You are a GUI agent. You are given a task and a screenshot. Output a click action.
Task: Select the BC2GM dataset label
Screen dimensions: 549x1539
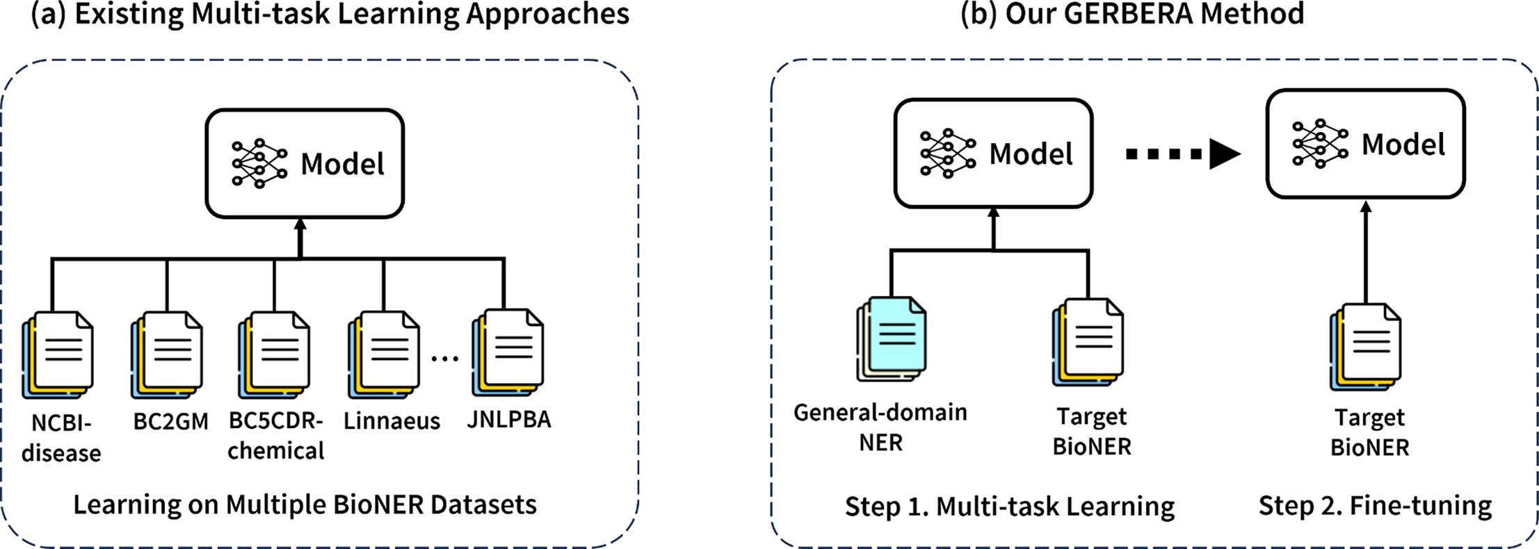click(170, 421)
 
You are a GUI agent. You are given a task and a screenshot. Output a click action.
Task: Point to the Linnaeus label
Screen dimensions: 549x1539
click(392, 421)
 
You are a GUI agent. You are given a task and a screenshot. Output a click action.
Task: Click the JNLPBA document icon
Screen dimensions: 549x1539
click(509, 352)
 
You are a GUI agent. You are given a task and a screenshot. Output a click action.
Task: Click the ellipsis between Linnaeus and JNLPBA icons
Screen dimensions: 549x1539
click(445, 359)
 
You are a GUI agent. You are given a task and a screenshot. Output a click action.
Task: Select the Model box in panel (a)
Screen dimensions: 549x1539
click(305, 164)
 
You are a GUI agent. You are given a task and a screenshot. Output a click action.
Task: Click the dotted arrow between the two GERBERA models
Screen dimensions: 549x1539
click(1182, 154)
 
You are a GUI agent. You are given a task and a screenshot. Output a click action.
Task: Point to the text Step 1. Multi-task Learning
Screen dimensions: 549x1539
click(1010, 507)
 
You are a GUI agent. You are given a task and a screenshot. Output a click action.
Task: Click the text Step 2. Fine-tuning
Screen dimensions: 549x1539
click(1375, 505)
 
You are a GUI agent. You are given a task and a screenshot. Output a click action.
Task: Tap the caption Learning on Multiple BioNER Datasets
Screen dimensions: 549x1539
click(305, 504)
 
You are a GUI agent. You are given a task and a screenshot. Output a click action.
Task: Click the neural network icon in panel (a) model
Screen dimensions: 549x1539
click(259, 164)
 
